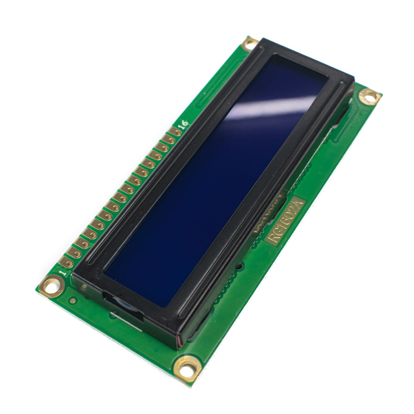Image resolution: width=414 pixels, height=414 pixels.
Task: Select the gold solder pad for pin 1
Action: (67, 262)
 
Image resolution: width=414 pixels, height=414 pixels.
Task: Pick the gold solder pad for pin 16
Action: (176, 132)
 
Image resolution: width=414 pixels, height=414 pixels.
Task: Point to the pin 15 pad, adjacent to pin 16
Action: (168, 140)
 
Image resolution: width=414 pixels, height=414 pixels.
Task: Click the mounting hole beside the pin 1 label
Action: (52, 285)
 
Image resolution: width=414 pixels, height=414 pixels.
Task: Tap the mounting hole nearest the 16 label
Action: (250, 43)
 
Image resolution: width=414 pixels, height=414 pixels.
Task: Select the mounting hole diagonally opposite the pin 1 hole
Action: (369, 96)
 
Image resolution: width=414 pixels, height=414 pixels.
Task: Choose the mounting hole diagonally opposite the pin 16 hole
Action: (188, 367)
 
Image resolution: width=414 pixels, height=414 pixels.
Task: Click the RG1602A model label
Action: (286, 221)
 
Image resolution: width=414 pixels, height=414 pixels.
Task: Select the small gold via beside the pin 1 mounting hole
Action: (73, 301)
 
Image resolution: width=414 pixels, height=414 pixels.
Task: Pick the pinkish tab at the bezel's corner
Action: (179, 340)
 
